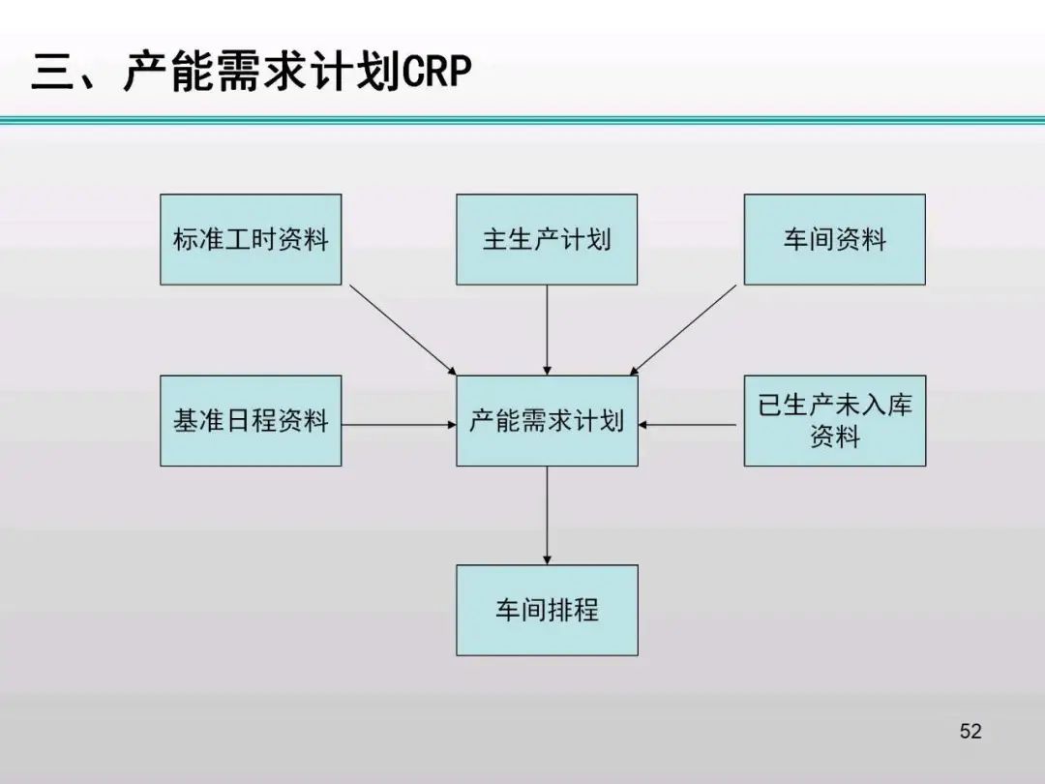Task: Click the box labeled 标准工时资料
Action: point(251,239)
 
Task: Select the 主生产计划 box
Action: point(547,239)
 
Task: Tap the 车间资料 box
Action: point(834,239)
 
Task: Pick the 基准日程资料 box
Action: point(251,421)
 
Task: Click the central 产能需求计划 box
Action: point(547,421)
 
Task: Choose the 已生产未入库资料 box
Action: point(834,421)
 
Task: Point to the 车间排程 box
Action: point(547,610)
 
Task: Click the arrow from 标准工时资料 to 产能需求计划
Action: point(402,329)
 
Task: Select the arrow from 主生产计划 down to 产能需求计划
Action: point(547,329)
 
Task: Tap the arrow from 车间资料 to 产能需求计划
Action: point(685,329)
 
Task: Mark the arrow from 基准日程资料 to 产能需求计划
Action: point(399,424)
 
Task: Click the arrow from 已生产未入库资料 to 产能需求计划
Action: point(691,424)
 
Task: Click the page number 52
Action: point(970,731)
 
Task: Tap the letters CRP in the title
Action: point(435,74)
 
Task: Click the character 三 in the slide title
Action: point(53,74)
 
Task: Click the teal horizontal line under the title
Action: point(522,121)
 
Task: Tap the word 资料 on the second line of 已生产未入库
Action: point(834,437)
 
